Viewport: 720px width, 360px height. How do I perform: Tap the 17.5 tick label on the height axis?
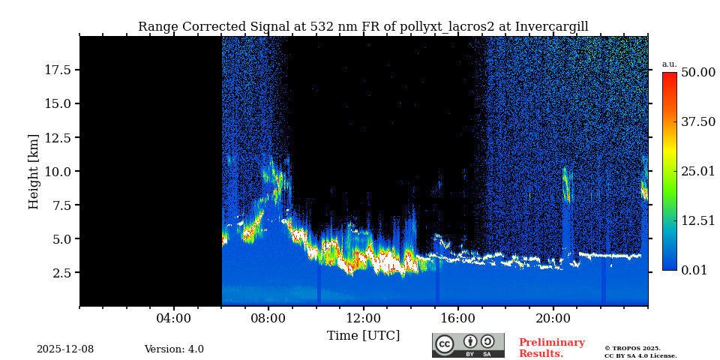click(58, 70)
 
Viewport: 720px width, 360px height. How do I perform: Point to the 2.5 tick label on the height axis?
click(62, 273)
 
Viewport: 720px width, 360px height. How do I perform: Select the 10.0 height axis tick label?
click(58, 171)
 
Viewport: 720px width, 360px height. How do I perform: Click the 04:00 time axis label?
click(174, 318)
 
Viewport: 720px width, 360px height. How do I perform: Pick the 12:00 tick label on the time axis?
click(363, 318)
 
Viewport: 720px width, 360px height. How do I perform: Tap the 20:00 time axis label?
click(553, 318)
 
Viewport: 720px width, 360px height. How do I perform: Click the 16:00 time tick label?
click(458, 318)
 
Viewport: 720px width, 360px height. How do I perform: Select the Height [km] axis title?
click(34, 172)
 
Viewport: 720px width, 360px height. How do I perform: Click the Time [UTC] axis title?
click(363, 335)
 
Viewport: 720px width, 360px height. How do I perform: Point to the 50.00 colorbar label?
click(697, 72)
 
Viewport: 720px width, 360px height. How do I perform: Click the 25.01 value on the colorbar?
click(697, 171)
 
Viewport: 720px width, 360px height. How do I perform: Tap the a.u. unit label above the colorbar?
click(669, 64)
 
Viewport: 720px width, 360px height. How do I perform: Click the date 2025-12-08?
click(65, 349)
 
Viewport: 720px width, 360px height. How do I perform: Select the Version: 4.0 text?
click(174, 349)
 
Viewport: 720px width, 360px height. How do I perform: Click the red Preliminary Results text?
click(551, 348)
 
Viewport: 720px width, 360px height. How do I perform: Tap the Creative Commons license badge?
click(468, 345)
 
